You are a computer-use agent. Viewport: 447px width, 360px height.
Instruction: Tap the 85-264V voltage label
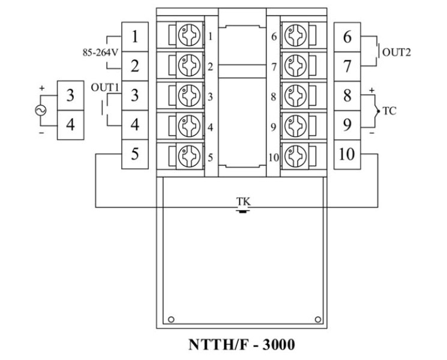point(99,52)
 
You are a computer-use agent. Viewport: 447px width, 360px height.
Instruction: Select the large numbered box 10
point(347,154)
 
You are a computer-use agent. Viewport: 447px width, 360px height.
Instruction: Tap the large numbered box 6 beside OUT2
point(347,37)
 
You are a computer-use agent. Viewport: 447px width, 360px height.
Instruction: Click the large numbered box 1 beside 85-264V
point(135,37)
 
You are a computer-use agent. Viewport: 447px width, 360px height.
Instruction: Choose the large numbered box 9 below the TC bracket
point(347,125)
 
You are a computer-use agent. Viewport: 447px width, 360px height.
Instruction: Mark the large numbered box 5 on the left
point(135,154)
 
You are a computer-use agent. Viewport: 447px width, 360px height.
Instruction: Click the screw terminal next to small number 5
point(188,155)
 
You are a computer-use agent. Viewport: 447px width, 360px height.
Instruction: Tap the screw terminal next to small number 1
point(188,37)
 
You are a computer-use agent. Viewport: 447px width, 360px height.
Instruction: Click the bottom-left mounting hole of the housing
point(171,318)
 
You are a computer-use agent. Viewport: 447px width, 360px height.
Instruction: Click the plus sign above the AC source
point(42,88)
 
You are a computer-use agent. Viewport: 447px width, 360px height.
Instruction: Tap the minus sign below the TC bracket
point(372,133)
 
